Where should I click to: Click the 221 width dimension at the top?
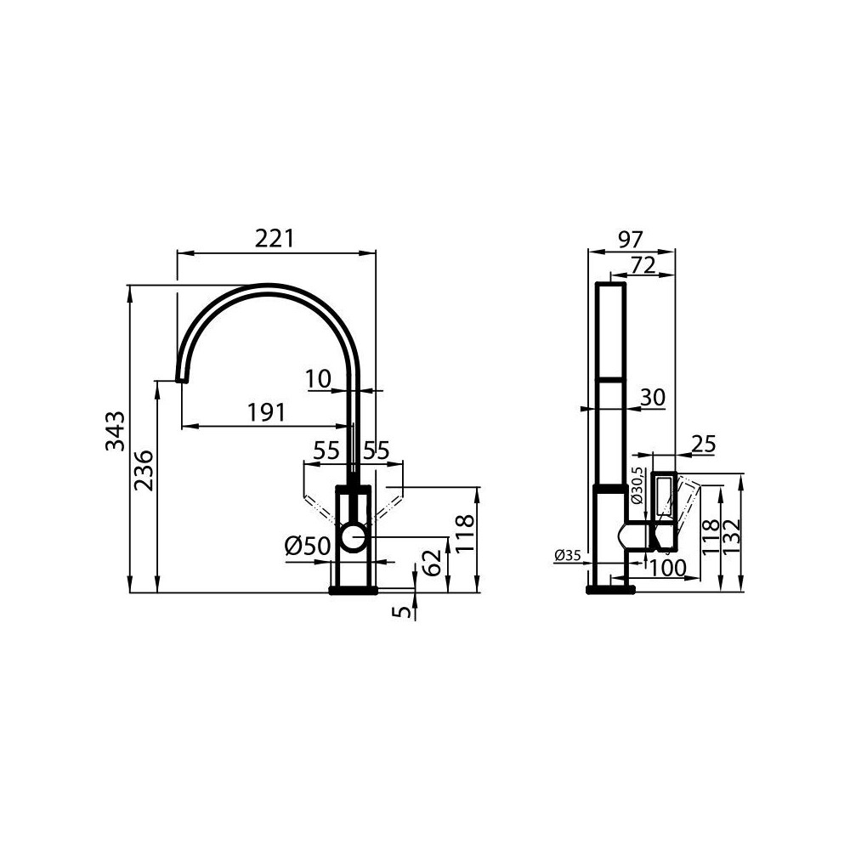click(275, 240)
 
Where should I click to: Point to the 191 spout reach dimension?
click(265, 412)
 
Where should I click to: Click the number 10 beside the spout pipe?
click(320, 378)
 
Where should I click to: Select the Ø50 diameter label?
click(307, 547)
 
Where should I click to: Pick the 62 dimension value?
click(433, 562)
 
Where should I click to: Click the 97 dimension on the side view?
click(629, 239)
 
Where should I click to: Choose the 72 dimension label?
click(643, 265)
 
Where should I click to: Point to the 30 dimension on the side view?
click(652, 397)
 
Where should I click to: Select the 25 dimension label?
click(704, 443)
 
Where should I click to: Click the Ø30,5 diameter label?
click(637, 489)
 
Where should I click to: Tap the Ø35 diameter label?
click(567, 556)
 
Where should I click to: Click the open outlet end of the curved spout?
click(180, 380)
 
